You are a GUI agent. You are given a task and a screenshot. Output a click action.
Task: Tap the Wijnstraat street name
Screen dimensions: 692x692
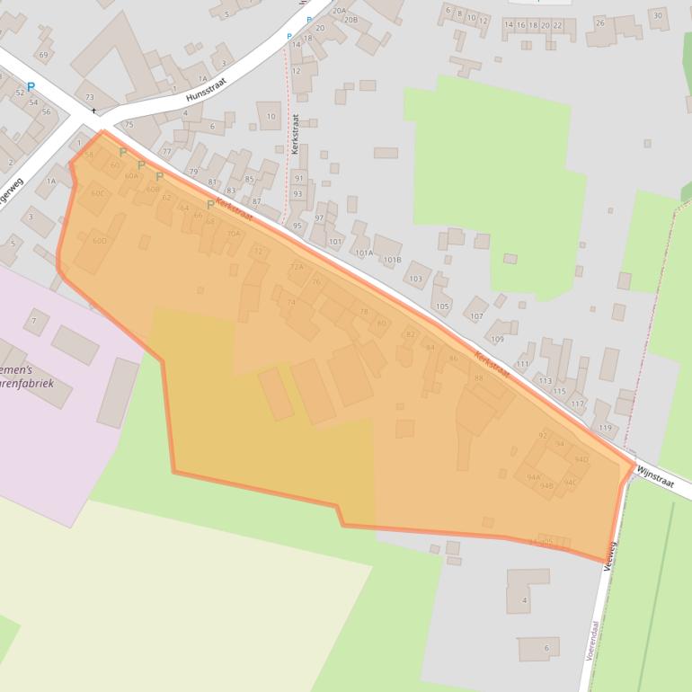tap(653, 475)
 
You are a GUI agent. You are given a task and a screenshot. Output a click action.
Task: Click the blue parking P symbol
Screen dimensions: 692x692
tap(31, 87)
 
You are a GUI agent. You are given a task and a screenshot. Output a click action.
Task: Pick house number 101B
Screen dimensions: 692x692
tap(392, 261)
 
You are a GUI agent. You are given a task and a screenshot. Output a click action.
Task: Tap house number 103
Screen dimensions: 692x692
tap(415, 279)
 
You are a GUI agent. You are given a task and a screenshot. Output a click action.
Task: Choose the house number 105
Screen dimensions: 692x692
tap(441, 306)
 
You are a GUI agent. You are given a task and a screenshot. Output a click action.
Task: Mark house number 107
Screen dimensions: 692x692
tap(476, 316)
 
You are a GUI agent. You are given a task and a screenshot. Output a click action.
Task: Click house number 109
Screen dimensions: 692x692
tap(497, 339)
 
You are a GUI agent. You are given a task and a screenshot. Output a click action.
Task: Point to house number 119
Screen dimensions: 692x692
tap(605, 428)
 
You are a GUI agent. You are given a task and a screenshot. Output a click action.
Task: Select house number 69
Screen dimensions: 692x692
tap(42, 55)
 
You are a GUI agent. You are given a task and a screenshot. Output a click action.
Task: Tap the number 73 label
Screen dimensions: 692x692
tap(89, 97)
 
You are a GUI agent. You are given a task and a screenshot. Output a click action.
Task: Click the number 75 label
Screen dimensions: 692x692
tap(129, 125)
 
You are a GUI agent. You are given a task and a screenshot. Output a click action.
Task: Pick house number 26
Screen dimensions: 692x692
tap(599, 22)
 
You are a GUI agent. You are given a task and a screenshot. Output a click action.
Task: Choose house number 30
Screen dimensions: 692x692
tap(658, 15)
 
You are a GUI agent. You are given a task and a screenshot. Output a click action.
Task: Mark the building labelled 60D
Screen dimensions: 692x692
tap(99, 241)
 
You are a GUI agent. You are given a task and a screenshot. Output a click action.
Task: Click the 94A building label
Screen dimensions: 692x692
tap(534, 476)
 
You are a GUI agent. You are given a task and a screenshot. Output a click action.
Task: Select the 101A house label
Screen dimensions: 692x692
tap(363, 253)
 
